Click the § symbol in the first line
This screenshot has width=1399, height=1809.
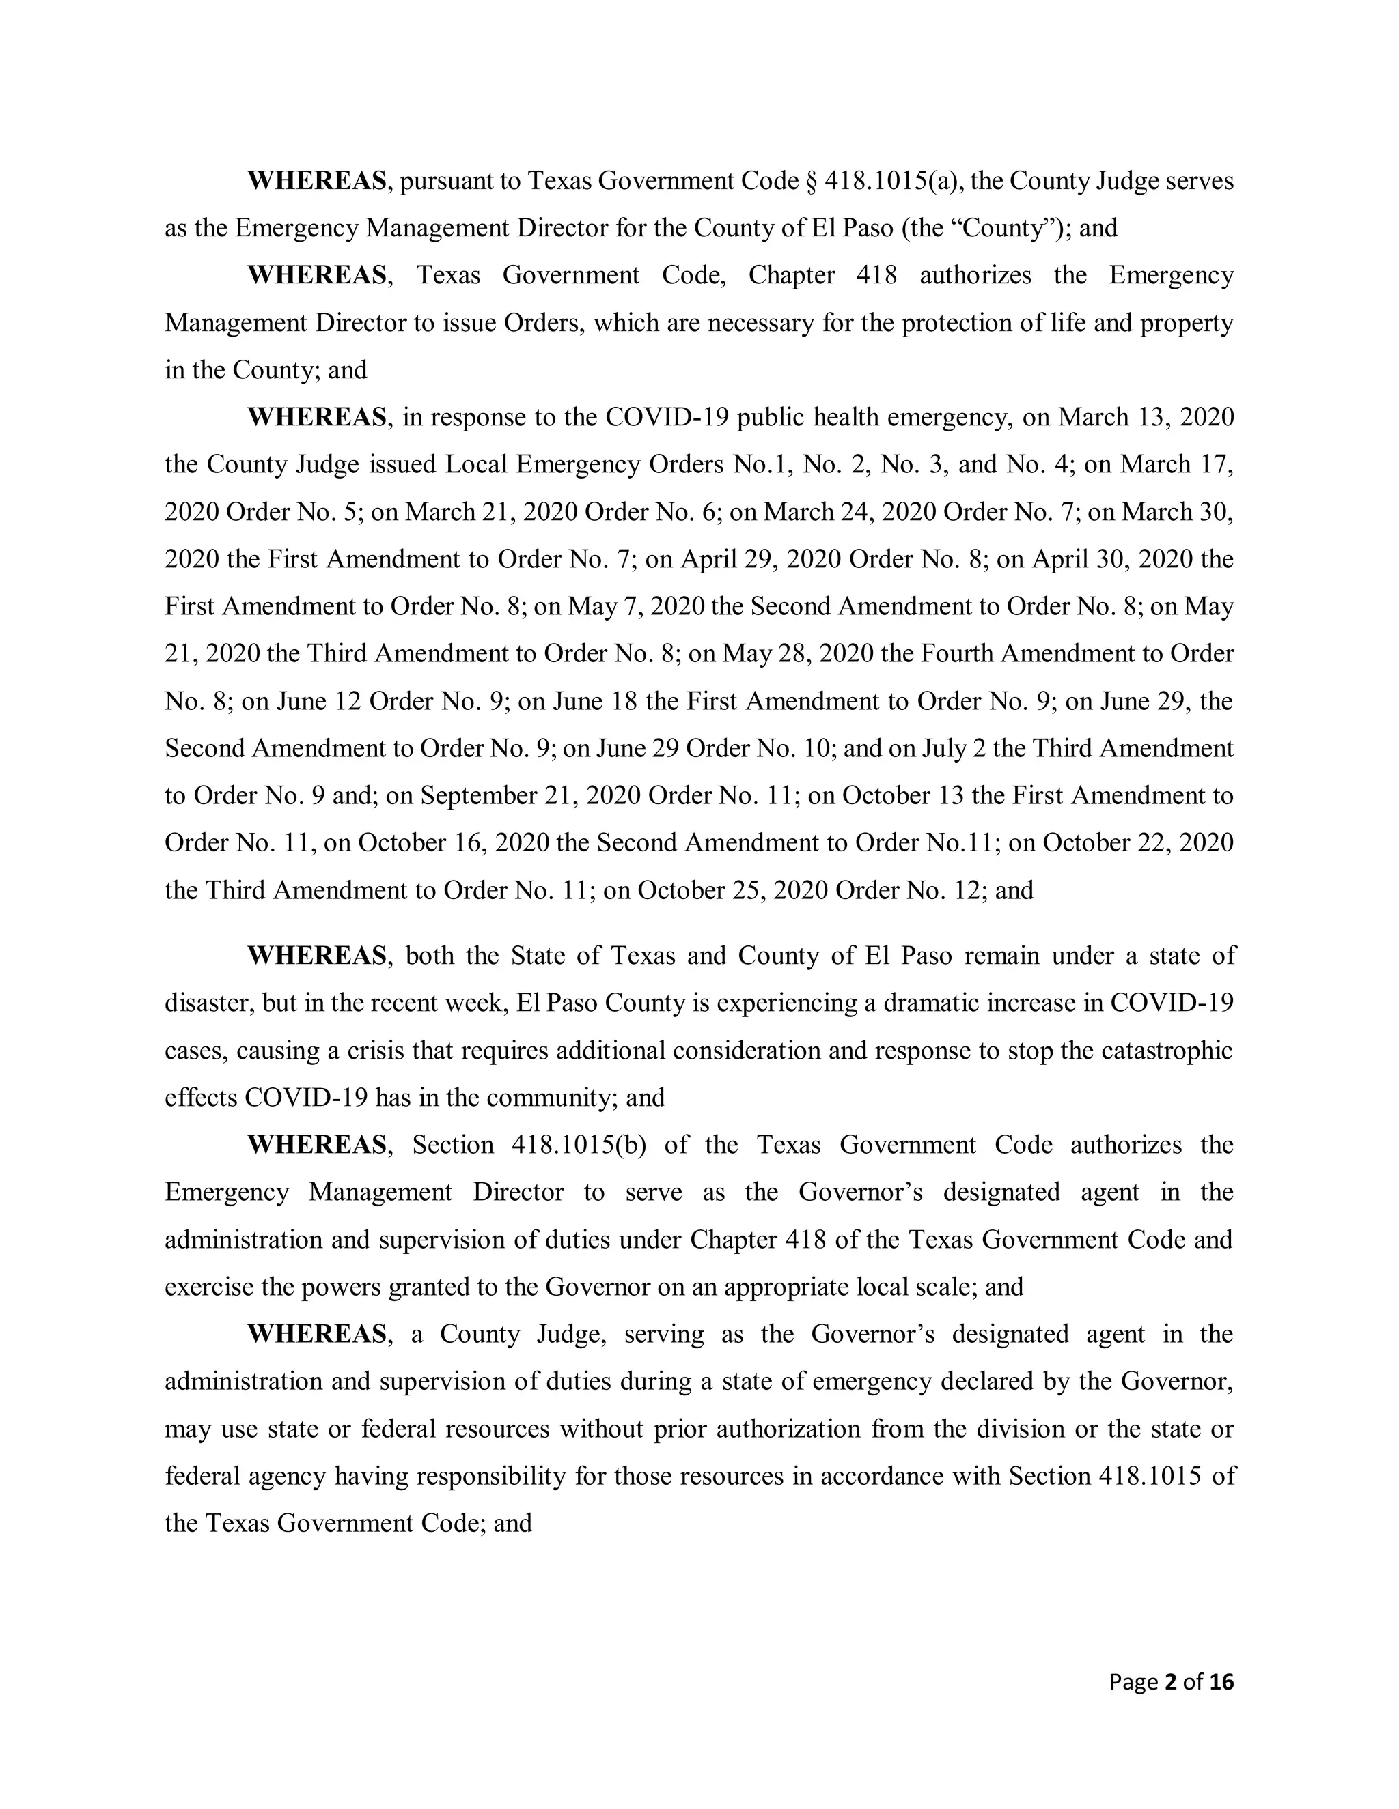[x=812, y=182]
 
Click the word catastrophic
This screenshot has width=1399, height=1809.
[x=1167, y=1051]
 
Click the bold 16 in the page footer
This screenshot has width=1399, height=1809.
[x=1221, y=1682]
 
